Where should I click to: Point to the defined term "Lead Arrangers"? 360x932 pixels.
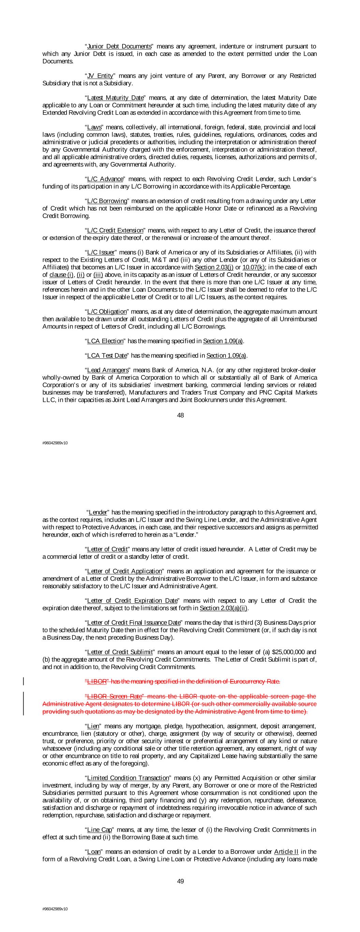108,370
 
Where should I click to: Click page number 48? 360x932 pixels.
180,415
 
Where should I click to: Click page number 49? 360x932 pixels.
180,881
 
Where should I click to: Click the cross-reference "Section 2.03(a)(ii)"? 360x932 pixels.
223,608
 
